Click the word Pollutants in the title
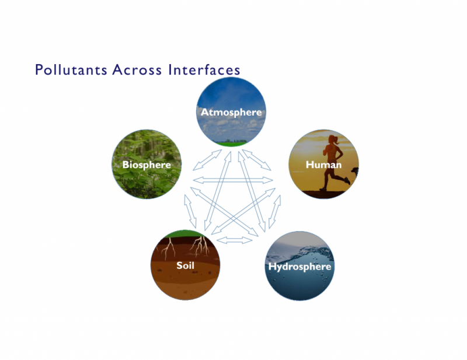point(71,69)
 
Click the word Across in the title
point(137,69)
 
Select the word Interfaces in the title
point(204,69)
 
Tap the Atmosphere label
point(231,112)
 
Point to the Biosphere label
point(147,165)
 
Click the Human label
point(323,165)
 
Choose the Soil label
point(185,265)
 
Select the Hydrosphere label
point(299,267)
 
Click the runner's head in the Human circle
point(333,139)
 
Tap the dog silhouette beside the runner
point(355,172)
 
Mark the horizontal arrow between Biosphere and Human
point(233,180)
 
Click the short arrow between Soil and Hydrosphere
point(235,240)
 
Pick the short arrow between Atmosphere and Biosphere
point(207,160)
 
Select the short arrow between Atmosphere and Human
point(256,160)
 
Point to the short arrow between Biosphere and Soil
point(190,211)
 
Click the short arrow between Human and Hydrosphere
point(274,212)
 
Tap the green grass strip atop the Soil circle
point(184,233)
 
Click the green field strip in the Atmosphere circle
point(231,144)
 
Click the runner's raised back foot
point(347,180)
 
